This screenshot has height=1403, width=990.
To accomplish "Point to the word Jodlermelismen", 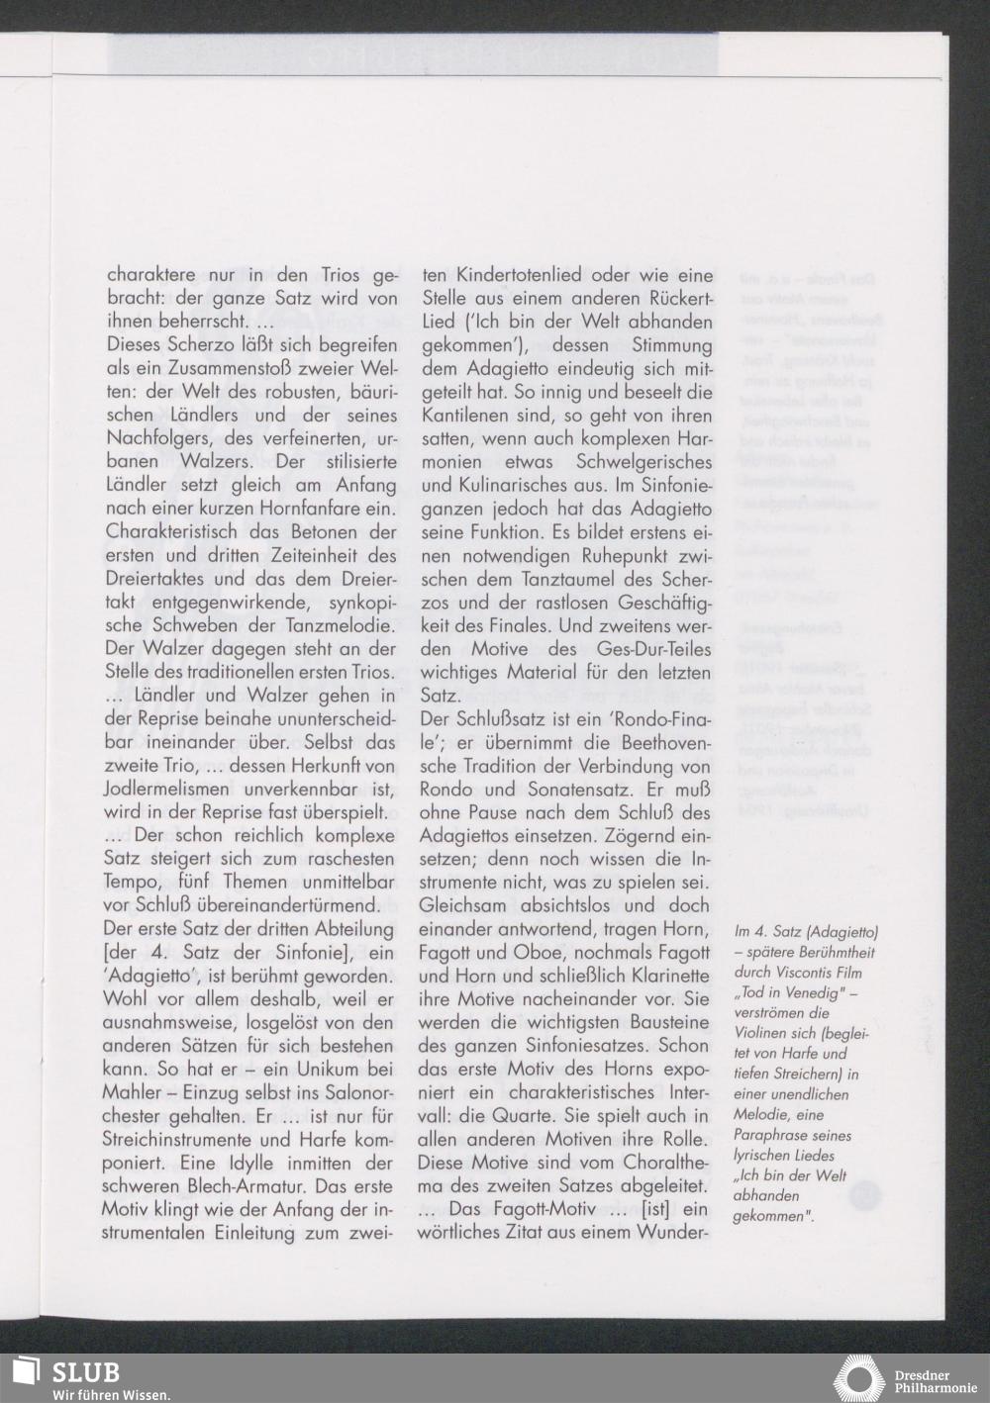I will (164, 789).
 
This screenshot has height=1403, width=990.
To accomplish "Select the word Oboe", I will (559, 952).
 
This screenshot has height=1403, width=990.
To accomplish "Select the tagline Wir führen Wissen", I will (110, 1395).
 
